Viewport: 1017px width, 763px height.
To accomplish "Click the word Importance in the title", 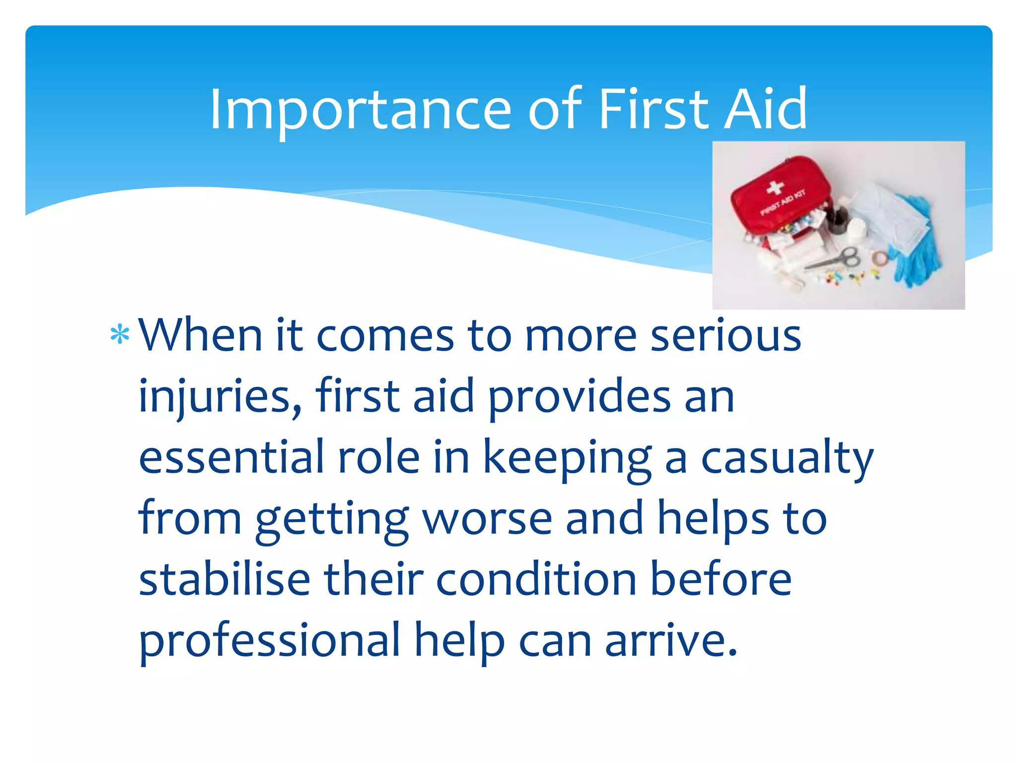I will coord(361,109).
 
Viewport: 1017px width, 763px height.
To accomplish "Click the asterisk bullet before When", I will coord(120,335).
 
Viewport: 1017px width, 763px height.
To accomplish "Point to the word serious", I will coord(726,335).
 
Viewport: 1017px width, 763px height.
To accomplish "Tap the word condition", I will coord(536,579).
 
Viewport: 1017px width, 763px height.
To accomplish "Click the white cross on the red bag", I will coord(775,188).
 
